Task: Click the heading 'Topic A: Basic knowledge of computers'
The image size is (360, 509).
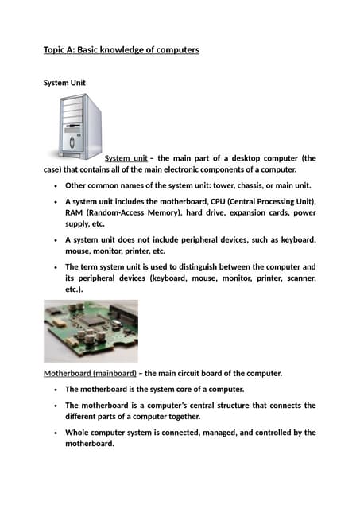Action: [121, 50]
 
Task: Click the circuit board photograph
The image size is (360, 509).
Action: [91, 330]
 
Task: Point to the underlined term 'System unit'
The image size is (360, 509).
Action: [126, 158]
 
